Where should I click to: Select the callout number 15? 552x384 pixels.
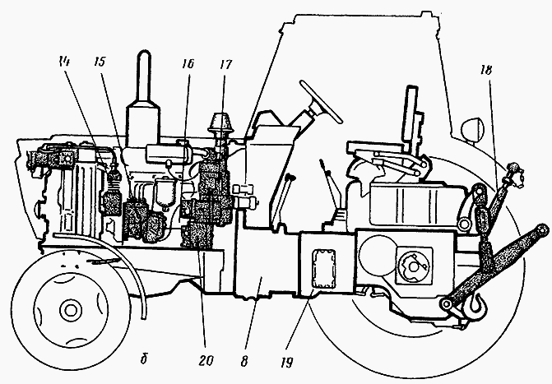click(100, 62)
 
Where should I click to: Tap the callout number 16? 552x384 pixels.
click(188, 63)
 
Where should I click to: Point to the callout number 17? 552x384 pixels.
click(225, 64)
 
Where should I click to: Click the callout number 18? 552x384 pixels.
click(485, 70)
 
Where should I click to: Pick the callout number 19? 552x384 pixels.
click(287, 363)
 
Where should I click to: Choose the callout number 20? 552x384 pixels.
click(206, 361)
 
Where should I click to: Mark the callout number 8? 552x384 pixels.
click(244, 362)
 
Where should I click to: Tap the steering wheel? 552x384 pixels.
click(321, 101)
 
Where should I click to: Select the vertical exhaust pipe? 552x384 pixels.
click(144, 99)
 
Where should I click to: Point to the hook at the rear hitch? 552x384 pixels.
click(472, 304)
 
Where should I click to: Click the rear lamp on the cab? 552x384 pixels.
click(471, 130)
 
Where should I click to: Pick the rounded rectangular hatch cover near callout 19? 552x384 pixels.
click(324, 269)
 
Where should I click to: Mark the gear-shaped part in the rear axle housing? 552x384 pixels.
click(415, 266)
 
